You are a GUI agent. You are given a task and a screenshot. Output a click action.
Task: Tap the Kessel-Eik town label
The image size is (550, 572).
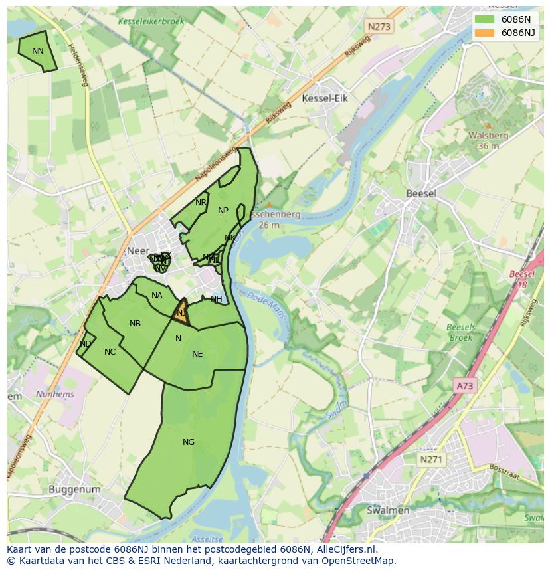pyautogui.click(x=325, y=98)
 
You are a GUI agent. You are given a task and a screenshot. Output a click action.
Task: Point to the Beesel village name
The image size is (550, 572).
pyautogui.click(x=421, y=193)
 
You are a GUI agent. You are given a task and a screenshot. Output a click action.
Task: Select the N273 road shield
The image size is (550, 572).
pyautogui.click(x=379, y=27)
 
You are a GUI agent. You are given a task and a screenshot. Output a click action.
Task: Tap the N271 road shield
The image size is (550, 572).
pyautogui.click(x=432, y=459)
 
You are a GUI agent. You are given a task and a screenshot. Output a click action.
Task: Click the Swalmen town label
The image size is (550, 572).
pyautogui.click(x=388, y=510)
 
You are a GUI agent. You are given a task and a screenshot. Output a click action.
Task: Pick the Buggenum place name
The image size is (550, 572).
pyautogui.click(x=74, y=490)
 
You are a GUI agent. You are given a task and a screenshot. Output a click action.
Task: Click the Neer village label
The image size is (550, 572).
pyautogui.click(x=137, y=252)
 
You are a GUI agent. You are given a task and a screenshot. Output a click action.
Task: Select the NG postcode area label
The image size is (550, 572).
pyautogui.click(x=189, y=442)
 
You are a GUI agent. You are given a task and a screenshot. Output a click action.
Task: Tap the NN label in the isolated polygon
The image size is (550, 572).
pyautogui.click(x=38, y=51)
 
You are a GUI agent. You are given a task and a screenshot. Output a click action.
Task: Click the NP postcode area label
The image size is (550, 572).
pyautogui.click(x=223, y=211)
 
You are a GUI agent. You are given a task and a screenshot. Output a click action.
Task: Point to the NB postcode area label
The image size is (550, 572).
pyautogui.click(x=135, y=324)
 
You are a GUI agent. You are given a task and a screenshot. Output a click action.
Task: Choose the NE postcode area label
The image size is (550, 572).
pyautogui.click(x=197, y=354)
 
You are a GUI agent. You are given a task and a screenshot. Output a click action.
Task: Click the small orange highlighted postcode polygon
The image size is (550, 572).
pyautogui.click(x=181, y=314)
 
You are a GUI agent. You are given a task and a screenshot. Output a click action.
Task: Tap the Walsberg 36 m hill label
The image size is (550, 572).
pyautogui.click(x=488, y=140)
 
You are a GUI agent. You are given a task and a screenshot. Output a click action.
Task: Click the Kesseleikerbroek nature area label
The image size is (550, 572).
pyautogui.click(x=151, y=21)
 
